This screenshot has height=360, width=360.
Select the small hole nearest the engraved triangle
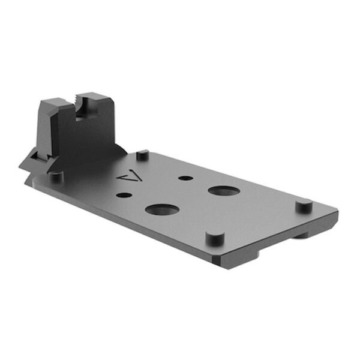(x=124, y=194)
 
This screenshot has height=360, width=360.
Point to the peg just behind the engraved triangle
(x=142, y=155)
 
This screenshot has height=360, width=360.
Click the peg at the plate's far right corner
(x=303, y=206)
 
